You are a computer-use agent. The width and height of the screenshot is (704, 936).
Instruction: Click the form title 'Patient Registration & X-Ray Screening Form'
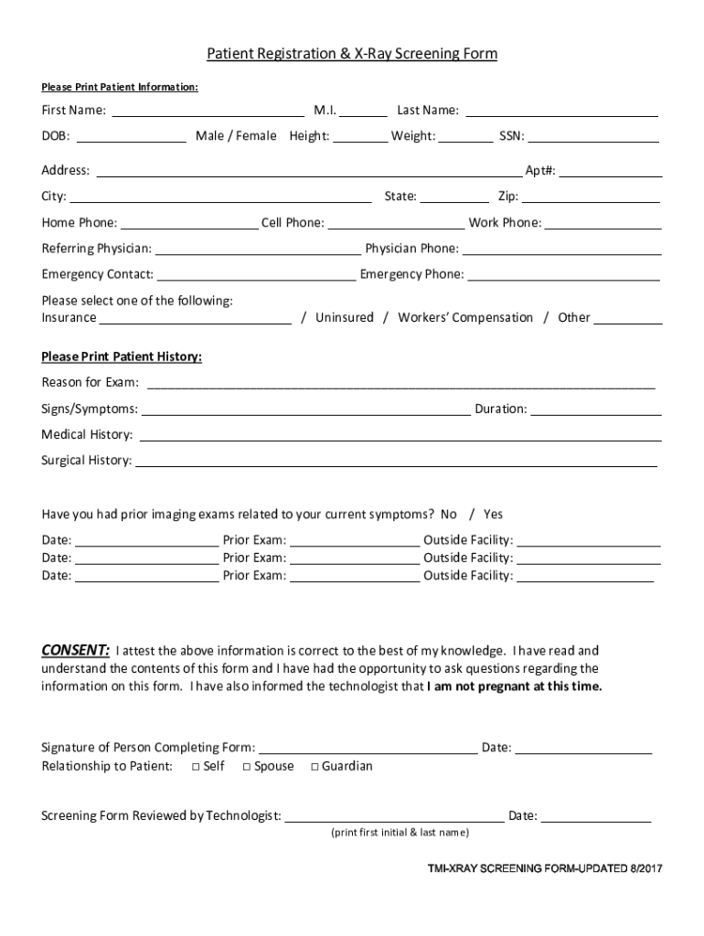352,55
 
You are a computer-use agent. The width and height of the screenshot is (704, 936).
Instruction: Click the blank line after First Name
208,112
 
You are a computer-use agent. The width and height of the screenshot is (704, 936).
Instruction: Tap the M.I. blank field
365,112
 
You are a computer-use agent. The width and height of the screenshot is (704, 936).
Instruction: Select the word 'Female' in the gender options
257,137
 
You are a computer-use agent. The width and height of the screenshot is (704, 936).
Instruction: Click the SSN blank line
593,138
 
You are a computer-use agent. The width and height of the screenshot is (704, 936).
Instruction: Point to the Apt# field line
617,172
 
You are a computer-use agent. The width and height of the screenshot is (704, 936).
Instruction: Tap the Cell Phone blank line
396,224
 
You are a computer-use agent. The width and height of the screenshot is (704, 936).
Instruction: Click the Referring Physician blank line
258,250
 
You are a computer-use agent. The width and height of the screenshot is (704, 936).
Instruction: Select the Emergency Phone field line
563,275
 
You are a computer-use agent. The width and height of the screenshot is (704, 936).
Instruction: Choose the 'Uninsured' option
345,318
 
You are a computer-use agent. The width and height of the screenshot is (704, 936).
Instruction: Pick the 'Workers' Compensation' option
465,318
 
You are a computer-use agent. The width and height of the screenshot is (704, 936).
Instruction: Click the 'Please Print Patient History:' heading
122,356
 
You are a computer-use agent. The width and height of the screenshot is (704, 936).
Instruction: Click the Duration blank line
596,410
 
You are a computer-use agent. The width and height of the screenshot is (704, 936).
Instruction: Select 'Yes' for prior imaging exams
494,515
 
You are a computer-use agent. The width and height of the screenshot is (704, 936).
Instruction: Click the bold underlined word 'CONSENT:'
76,651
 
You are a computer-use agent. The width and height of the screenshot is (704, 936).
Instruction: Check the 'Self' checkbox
197,767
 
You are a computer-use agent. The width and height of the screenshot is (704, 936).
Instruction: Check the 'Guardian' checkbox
315,767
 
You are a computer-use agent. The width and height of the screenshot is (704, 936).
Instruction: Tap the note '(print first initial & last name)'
400,833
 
